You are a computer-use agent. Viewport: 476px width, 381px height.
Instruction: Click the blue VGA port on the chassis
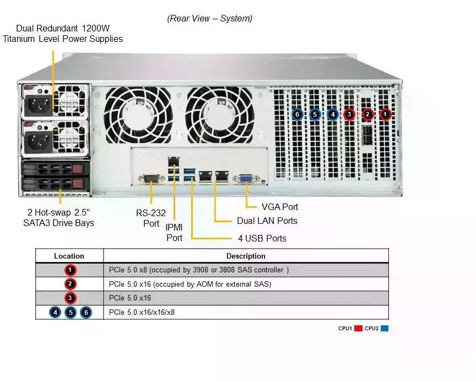tap(245, 179)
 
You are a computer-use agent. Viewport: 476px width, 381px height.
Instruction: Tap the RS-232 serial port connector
tap(151, 178)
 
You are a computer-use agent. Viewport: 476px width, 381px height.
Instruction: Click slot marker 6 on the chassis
tap(297, 115)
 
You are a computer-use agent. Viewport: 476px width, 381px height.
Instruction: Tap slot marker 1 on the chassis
tap(386, 115)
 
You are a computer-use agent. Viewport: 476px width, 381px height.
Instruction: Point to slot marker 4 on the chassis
tap(333, 115)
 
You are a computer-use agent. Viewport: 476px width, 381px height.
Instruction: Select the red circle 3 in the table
tap(70, 298)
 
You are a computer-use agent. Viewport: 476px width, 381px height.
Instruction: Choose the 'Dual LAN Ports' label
tap(267, 221)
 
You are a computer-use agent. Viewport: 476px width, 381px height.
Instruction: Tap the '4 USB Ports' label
tap(262, 239)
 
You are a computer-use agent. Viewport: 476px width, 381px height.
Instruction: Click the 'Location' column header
tap(69, 256)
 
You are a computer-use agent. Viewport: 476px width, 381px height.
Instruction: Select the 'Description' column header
tap(246, 256)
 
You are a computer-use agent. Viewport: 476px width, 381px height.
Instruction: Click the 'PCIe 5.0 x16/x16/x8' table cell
tap(142, 313)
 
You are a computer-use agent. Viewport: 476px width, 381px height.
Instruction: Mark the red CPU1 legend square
tap(358, 329)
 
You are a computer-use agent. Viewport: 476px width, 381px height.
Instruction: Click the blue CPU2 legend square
tap(385, 329)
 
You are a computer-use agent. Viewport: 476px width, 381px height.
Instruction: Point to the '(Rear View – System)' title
tap(210, 19)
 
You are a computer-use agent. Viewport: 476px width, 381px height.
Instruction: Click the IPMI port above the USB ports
tap(174, 161)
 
